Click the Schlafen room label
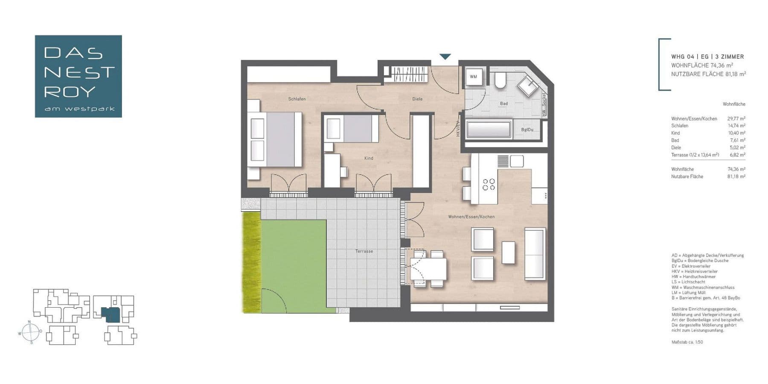tap(297, 99)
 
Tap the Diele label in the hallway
tap(417, 99)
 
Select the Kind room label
tap(369, 158)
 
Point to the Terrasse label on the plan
tap(364, 251)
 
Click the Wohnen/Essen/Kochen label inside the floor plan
tap(471, 217)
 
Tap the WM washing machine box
tap(474, 77)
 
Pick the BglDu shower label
tap(527, 130)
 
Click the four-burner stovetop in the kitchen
tap(489, 184)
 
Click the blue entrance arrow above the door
tap(445, 56)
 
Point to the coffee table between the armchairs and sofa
tap(508, 253)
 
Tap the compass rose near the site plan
tap(30, 332)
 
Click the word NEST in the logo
tap(79, 73)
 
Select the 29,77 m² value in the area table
tap(736, 119)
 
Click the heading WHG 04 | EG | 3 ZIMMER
tap(707, 56)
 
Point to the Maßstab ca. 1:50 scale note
tap(687, 342)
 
